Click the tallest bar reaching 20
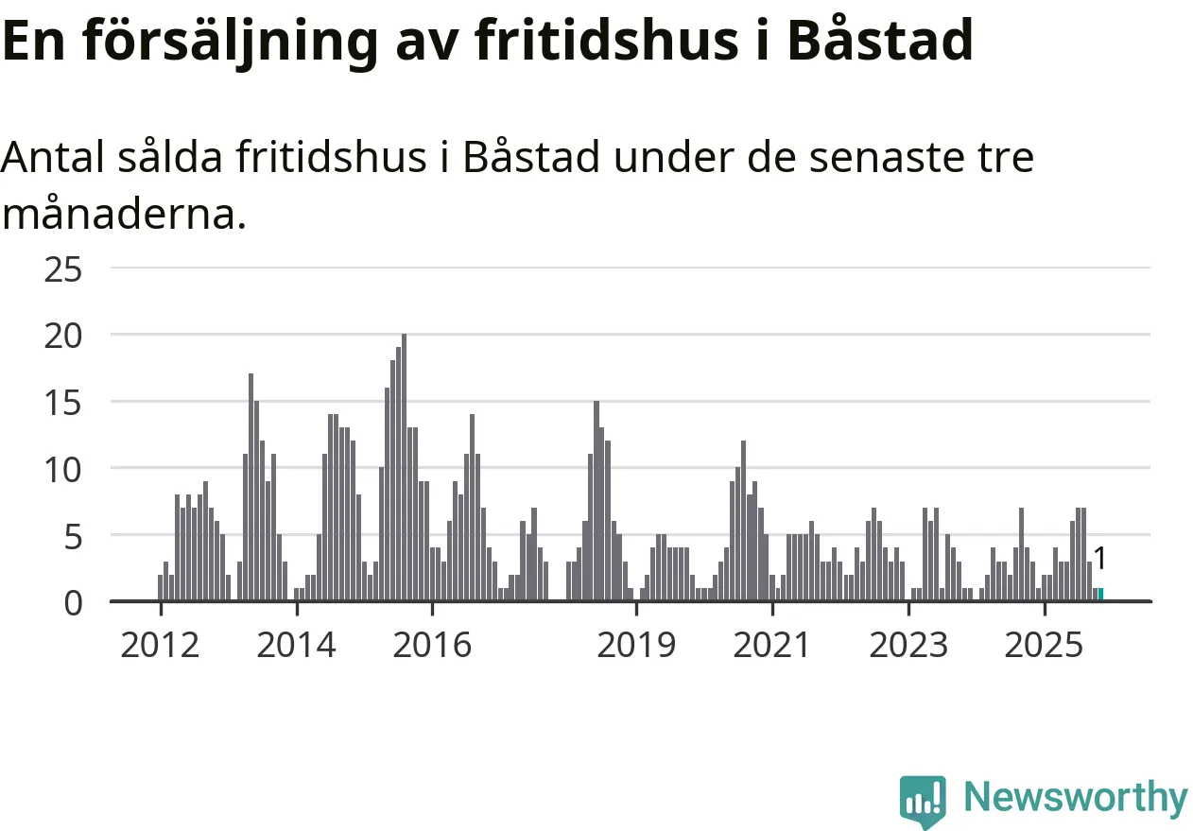point(404,467)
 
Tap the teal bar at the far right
point(1100,594)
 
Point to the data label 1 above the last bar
point(1100,558)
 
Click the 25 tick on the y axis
point(63,269)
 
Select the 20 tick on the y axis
point(63,336)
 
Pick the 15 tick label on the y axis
point(63,403)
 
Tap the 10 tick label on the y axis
point(63,469)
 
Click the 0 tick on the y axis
point(74,602)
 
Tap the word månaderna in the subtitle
point(124,215)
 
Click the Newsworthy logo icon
point(923,800)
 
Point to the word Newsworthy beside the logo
point(1076,798)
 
